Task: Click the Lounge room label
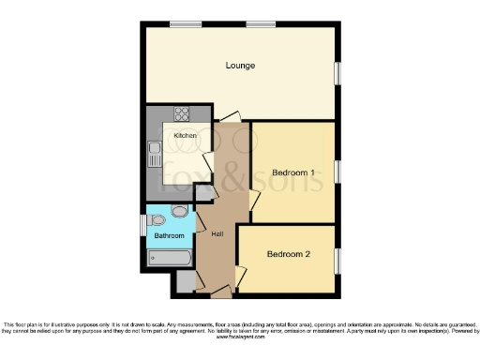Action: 240,66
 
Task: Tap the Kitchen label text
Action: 185,136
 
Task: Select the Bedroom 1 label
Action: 292,172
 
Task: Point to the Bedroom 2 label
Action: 288,253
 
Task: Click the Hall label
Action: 217,233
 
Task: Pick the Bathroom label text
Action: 170,236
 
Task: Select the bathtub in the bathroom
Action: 169,256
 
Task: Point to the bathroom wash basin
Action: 179,212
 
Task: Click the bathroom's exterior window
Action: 142,225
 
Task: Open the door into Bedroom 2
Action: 240,277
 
